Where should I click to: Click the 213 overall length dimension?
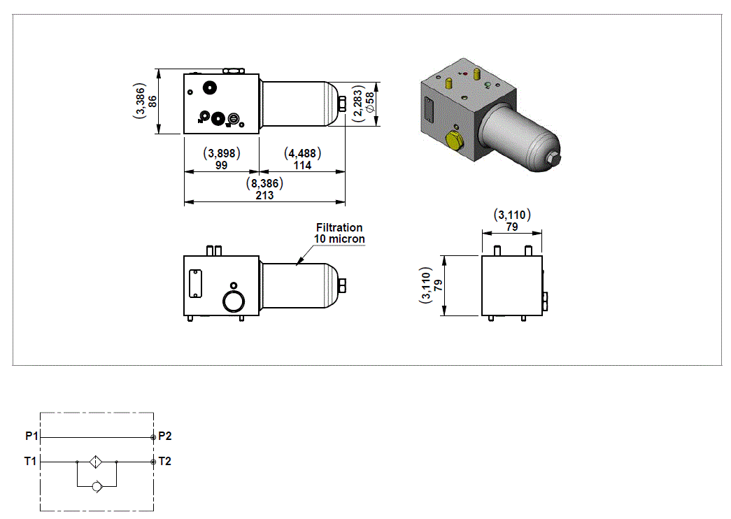point(264,195)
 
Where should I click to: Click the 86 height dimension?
point(152,101)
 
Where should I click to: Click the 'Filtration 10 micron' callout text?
point(339,233)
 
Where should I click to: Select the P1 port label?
point(31,436)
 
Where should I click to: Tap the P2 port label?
point(165,436)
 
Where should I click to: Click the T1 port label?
point(31,462)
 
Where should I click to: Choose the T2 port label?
point(165,462)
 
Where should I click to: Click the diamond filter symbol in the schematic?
point(97,462)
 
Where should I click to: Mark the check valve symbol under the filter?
point(97,485)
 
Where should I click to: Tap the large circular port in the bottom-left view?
point(232,301)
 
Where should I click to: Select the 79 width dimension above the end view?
point(512,227)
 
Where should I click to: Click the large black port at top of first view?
point(209,88)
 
